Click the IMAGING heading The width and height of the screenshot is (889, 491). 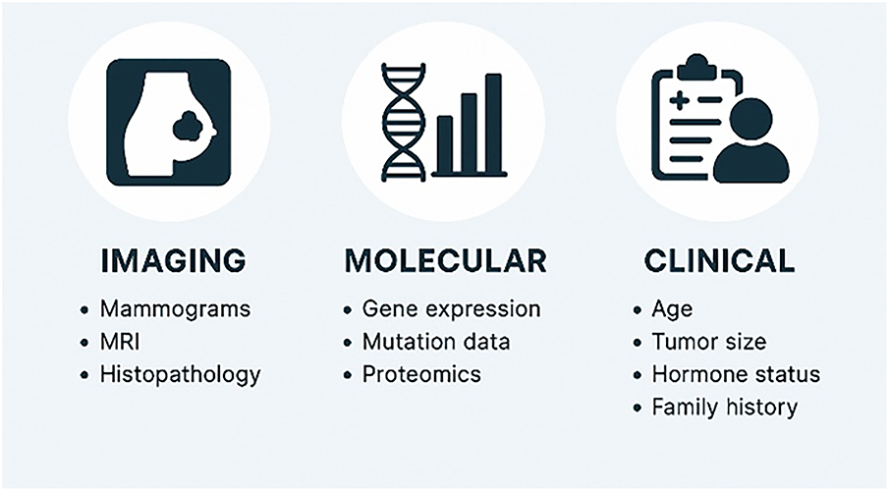click(x=174, y=261)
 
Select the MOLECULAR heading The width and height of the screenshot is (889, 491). click(x=446, y=261)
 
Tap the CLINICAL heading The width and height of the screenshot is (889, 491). click(x=719, y=261)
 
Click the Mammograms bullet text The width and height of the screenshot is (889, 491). click(x=175, y=309)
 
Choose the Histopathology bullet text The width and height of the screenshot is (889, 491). click(x=181, y=375)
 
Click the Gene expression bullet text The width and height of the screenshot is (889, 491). click(x=451, y=309)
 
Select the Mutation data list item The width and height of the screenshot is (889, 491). click(x=436, y=342)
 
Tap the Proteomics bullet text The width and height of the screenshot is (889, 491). click(x=421, y=375)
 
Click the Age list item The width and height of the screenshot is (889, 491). click(x=672, y=310)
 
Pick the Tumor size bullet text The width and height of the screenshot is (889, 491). click(x=708, y=342)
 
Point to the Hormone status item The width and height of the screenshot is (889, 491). click(x=736, y=375)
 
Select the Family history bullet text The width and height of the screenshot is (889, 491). click(x=725, y=408)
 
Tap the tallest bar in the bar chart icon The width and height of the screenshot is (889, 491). click(x=493, y=123)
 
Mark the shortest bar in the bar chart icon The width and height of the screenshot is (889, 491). click(x=445, y=144)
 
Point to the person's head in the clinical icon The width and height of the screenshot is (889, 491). click(x=750, y=119)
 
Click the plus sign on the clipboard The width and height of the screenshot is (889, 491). click(x=679, y=101)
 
